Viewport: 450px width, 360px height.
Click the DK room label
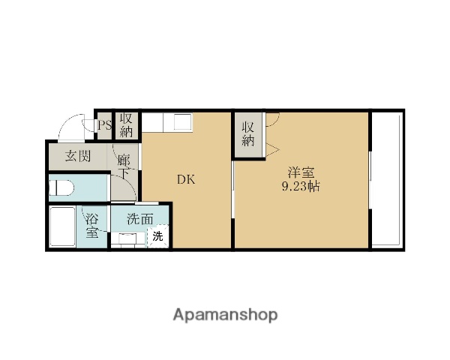pyautogui.click(x=186, y=180)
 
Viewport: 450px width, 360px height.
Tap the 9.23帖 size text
pyautogui.click(x=301, y=187)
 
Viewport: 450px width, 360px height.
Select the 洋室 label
pyautogui.click(x=301, y=172)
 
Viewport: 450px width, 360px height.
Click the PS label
pyautogui.click(x=104, y=125)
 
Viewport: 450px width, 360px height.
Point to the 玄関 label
pyautogui.click(x=78, y=156)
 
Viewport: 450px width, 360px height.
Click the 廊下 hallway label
pyautogui.click(x=124, y=166)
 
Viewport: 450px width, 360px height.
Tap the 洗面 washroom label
pyautogui.click(x=140, y=219)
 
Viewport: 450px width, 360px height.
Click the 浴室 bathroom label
pyautogui.click(x=92, y=226)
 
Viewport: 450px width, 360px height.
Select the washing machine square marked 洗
pyautogui.click(x=157, y=236)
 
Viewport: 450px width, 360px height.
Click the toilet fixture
pyautogui.click(x=61, y=187)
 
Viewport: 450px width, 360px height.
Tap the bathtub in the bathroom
pyautogui.click(x=62, y=226)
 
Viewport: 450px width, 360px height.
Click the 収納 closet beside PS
pyautogui.click(x=126, y=125)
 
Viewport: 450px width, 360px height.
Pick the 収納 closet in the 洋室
pyautogui.click(x=248, y=134)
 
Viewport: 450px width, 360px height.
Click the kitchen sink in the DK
pyautogui.click(x=183, y=121)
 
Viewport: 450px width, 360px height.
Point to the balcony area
pyautogui.click(x=386, y=179)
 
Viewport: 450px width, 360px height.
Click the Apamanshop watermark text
pyautogui.click(x=225, y=315)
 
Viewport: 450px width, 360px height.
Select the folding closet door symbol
pyautogui.click(x=272, y=149)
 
